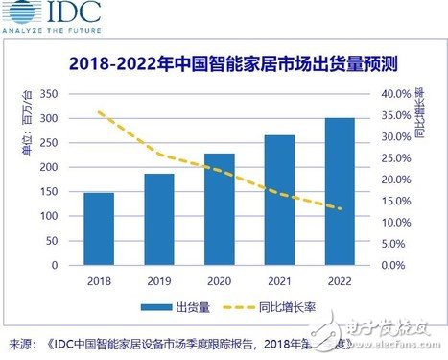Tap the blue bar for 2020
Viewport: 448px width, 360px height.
(219, 208)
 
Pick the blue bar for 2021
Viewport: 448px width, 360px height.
(278, 200)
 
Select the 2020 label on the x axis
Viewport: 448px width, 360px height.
(219, 280)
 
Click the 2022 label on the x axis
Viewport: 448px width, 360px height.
(338, 280)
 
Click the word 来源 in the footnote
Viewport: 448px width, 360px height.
(19, 343)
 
